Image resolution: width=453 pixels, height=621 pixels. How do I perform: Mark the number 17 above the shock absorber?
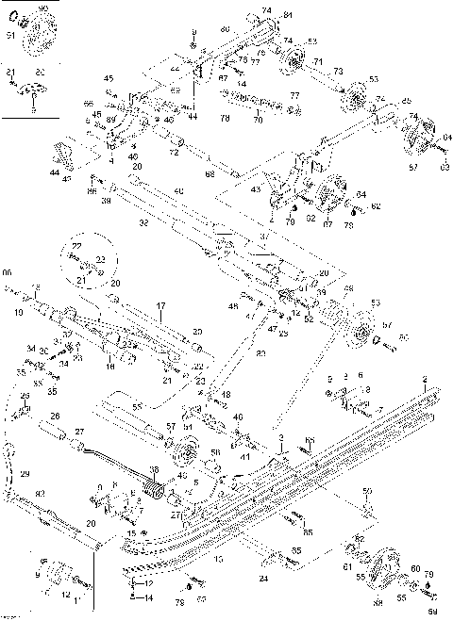(160, 305)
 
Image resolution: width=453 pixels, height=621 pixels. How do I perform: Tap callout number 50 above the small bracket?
(367, 492)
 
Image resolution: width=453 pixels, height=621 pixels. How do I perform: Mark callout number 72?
(173, 151)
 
